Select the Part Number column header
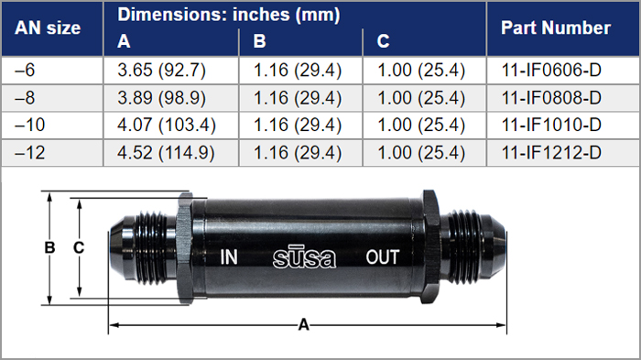(x=555, y=27)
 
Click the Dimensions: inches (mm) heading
(x=229, y=15)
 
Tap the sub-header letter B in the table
(x=259, y=41)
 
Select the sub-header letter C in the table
(x=383, y=41)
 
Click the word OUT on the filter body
(x=383, y=257)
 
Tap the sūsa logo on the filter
(x=305, y=256)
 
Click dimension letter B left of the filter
(x=51, y=247)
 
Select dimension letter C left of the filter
(x=79, y=247)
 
